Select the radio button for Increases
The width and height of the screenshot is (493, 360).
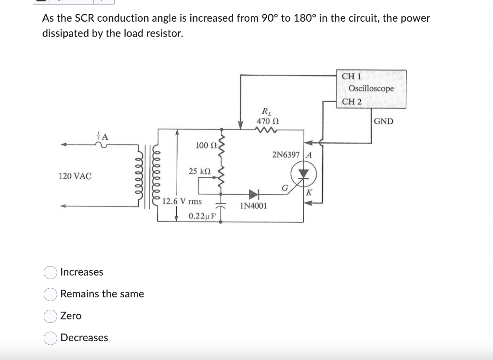click(x=51, y=272)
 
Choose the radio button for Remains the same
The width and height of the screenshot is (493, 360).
click(x=51, y=294)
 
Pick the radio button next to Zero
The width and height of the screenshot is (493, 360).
click(x=51, y=316)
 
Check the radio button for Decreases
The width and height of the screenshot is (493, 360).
click(x=51, y=338)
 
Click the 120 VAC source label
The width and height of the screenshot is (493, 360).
click(x=75, y=176)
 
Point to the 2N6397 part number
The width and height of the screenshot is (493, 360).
click(x=285, y=155)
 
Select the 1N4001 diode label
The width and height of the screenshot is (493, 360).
click(x=254, y=206)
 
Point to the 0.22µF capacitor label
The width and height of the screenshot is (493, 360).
click(x=202, y=216)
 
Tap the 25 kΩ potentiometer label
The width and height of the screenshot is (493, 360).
click(x=199, y=171)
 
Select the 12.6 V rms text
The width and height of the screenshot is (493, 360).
click(x=182, y=201)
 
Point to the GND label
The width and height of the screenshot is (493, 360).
click(x=383, y=121)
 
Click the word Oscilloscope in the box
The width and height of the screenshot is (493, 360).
click(x=371, y=89)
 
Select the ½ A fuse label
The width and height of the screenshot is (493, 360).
click(x=103, y=136)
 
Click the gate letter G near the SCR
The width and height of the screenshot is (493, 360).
click(x=285, y=188)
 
